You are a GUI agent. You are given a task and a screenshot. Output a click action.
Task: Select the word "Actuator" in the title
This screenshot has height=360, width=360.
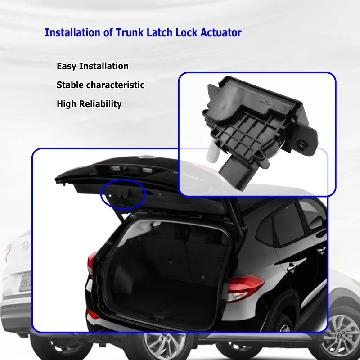[220, 33]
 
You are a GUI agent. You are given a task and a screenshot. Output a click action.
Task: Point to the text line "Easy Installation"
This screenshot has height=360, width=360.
[92, 66]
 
